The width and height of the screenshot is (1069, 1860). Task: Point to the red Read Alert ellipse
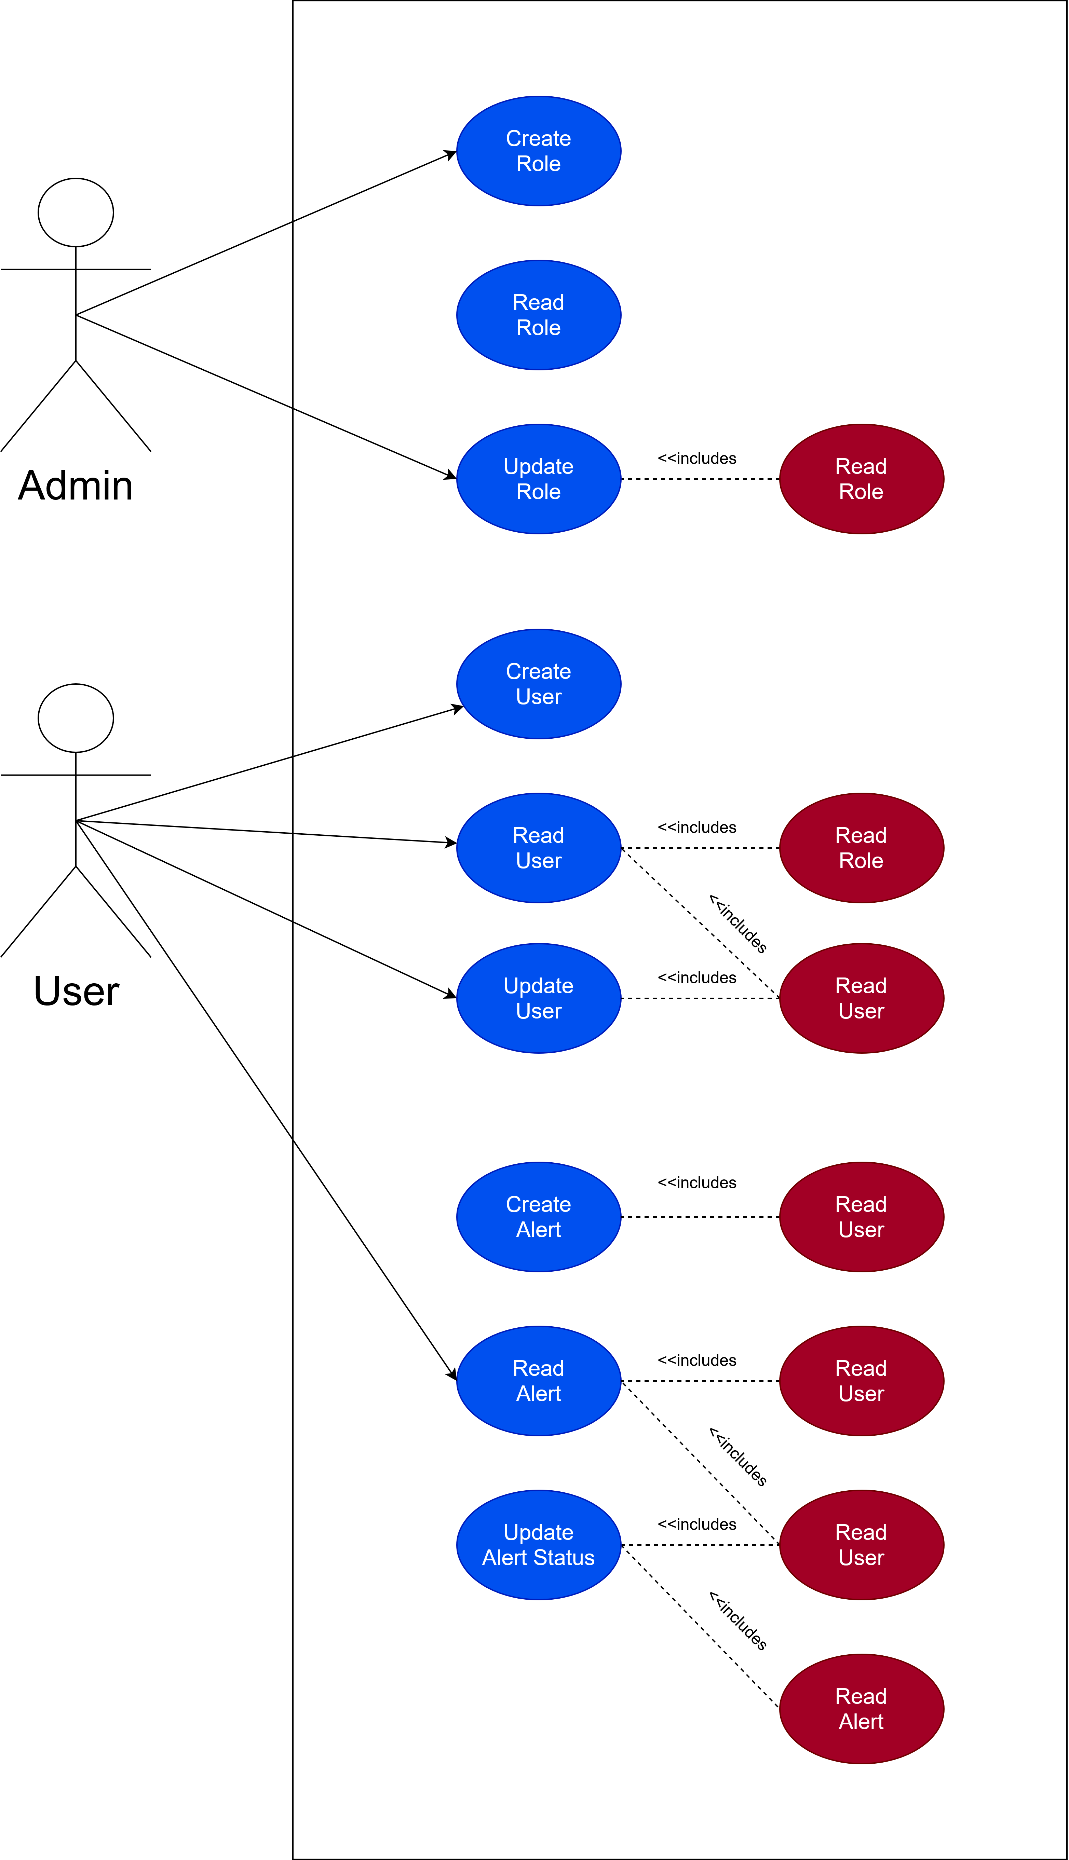861,1709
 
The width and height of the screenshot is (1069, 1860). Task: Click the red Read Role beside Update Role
861,479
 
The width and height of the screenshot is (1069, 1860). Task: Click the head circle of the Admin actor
76,212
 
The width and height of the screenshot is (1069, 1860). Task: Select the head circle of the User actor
76,718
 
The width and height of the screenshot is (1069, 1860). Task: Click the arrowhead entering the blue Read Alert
452,1374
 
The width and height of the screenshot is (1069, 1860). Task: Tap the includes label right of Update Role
697,459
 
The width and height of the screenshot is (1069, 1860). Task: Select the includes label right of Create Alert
697,1182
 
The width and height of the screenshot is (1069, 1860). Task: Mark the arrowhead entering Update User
451,995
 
